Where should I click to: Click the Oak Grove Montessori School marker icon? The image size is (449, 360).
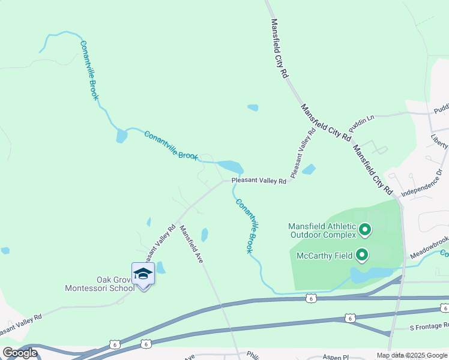143,274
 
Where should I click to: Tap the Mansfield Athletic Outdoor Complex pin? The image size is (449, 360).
364,230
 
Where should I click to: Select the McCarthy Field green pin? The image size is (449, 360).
362,256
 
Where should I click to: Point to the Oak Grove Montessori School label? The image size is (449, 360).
100,284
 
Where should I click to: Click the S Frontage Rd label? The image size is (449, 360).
429,328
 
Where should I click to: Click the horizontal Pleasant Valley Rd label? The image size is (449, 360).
259,179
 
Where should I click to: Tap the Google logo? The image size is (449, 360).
20,353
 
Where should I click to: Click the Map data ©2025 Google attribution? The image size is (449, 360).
411,355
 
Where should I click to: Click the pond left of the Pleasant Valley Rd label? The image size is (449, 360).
231,166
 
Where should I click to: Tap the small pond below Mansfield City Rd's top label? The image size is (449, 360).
253,108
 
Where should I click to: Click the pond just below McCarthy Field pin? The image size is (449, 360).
369,275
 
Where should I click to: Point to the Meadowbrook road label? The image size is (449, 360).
430,248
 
